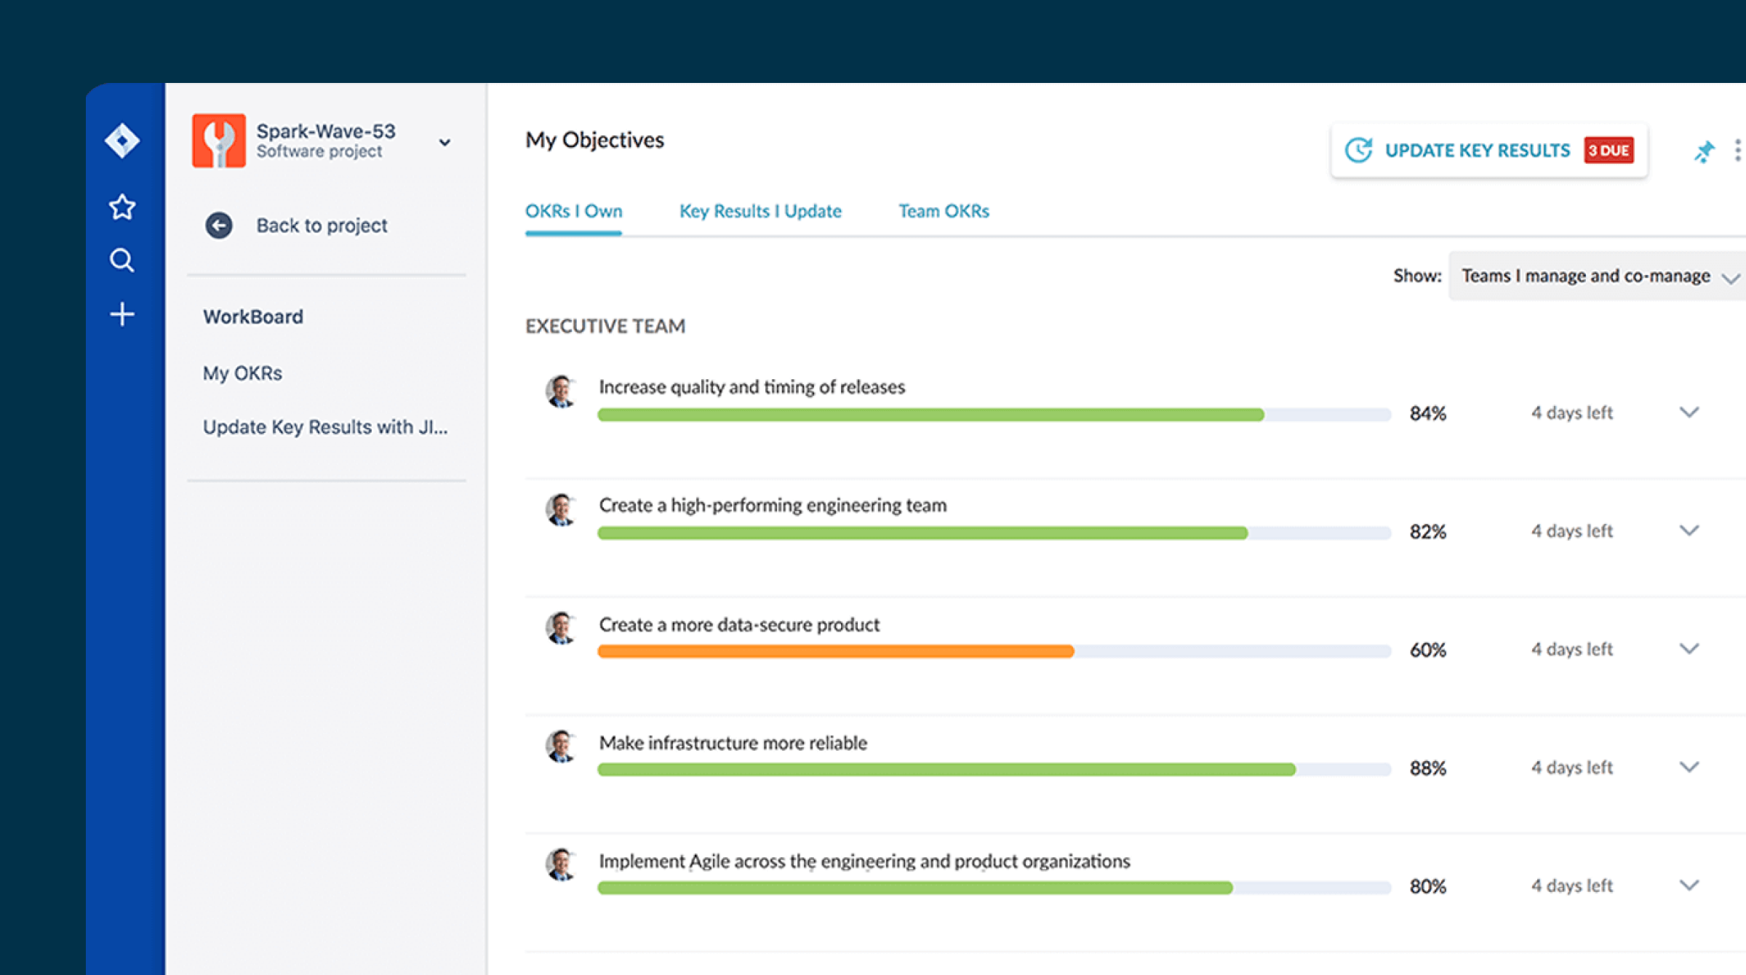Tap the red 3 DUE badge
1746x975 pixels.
pyautogui.click(x=1609, y=151)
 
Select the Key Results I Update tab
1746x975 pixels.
pyautogui.click(x=760, y=211)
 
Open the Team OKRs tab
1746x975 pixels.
pyautogui.click(x=944, y=211)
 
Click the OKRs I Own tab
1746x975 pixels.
pyautogui.click(x=573, y=211)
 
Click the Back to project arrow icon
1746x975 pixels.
pyautogui.click(x=218, y=226)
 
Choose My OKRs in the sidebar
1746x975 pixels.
pyautogui.click(x=242, y=373)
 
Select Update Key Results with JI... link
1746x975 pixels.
pyautogui.click(x=324, y=427)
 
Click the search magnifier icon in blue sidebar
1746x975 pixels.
pyautogui.click(x=121, y=260)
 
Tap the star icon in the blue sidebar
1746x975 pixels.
pyautogui.click(x=121, y=207)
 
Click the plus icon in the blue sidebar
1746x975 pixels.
pyautogui.click(x=121, y=314)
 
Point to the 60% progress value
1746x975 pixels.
pyautogui.click(x=1427, y=650)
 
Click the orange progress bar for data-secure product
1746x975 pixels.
pyautogui.click(x=835, y=651)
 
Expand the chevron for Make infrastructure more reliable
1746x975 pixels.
pyautogui.click(x=1689, y=767)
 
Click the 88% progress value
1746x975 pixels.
pyautogui.click(x=1427, y=768)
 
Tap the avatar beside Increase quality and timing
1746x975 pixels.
pyautogui.click(x=561, y=391)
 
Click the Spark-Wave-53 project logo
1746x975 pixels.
pyautogui.click(x=218, y=140)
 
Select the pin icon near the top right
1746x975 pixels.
pyautogui.click(x=1703, y=151)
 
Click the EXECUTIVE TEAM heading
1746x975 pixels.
pyautogui.click(x=605, y=326)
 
